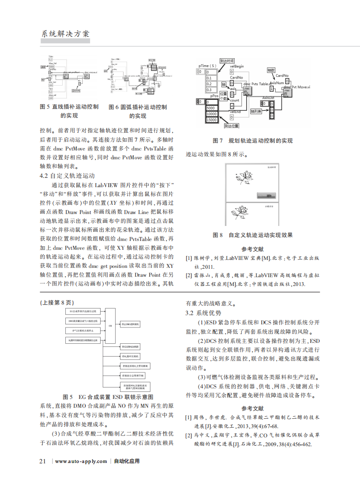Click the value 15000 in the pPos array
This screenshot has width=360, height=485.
click(212, 120)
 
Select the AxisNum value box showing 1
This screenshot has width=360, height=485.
click(271, 88)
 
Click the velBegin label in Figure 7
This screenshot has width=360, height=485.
click(237, 66)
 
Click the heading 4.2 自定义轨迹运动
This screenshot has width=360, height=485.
click(67, 175)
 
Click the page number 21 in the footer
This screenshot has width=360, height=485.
click(43, 461)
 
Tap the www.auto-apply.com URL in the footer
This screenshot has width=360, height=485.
click(81, 461)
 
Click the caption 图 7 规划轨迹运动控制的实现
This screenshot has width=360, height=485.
click(252, 141)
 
